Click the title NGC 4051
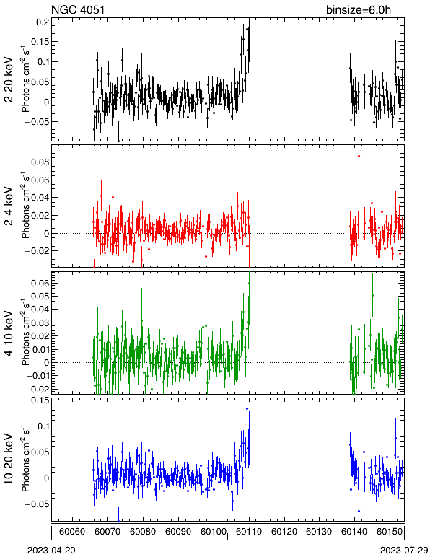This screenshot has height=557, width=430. tap(78, 9)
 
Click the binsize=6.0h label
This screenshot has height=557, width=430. tap(359, 9)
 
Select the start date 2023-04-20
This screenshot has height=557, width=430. tap(51, 551)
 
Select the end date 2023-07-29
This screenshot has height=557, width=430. tap(404, 551)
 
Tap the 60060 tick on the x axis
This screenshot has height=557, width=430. tap(72, 532)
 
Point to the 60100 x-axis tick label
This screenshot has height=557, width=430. tap(214, 532)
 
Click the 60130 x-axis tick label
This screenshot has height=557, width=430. tap(319, 532)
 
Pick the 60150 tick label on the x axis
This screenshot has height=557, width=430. tap(390, 532)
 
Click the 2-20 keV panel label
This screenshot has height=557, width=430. tap(9, 79)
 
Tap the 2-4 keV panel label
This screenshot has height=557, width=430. tap(9, 206)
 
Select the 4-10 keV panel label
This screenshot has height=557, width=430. tap(9, 333)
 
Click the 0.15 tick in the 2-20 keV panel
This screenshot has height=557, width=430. tap(40, 42)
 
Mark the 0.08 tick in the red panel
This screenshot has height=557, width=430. tap(40, 162)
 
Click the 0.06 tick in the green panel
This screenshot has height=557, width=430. tap(40, 283)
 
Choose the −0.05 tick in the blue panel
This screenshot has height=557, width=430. tap(38, 504)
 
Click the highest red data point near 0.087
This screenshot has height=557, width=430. tap(359, 156)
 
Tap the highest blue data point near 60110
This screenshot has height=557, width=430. tap(247, 409)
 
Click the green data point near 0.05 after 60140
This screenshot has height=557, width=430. tap(372, 295)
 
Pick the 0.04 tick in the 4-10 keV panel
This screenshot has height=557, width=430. tap(40, 310)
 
